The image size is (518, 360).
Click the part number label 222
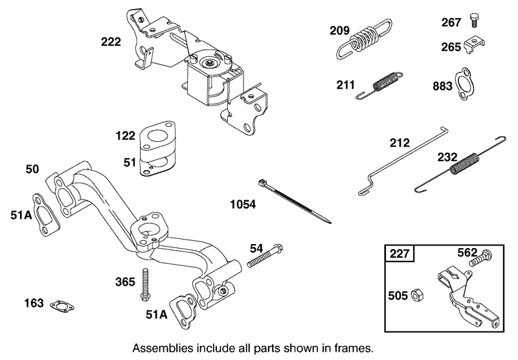(x=111, y=42)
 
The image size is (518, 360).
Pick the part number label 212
(x=399, y=142)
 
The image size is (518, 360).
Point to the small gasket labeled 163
(x=62, y=304)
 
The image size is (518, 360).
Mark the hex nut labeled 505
(x=418, y=296)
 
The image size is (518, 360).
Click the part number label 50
(x=32, y=169)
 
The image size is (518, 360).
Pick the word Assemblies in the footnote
(x=159, y=348)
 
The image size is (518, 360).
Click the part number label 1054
(x=243, y=205)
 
